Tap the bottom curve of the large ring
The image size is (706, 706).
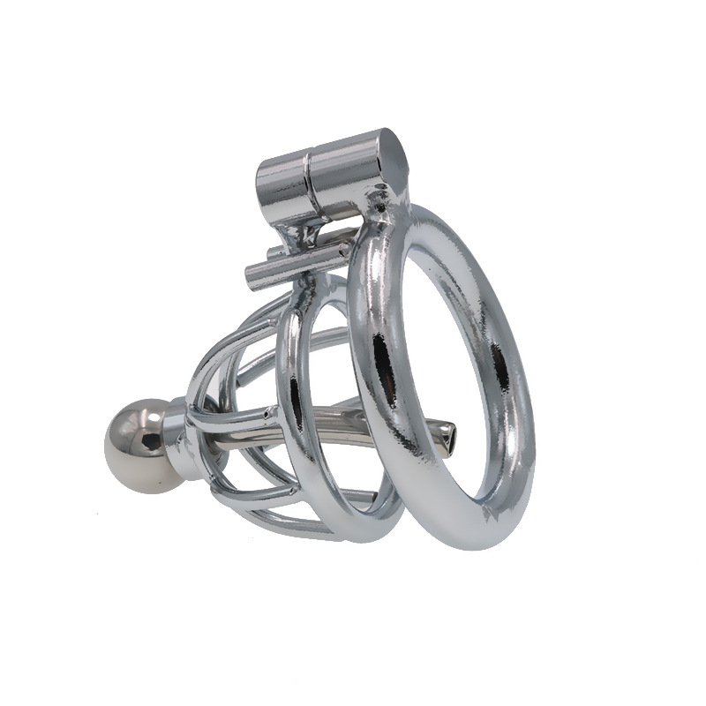pos(468,534)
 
